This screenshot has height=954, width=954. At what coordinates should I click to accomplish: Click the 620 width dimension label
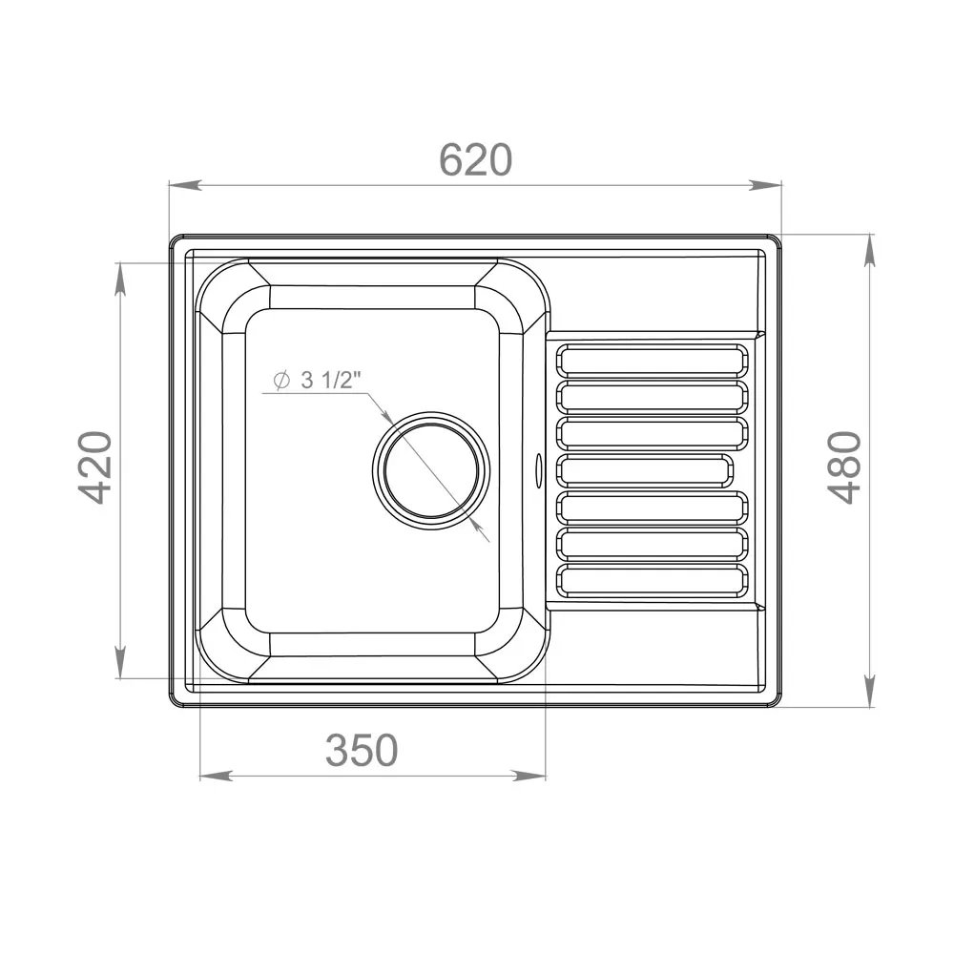pyautogui.click(x=475, y=160)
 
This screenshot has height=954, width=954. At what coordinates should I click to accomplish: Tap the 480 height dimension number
pyautogui.click(x=845, y=467)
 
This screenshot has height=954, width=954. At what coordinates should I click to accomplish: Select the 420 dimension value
pyautogui.click(x=96, y=467)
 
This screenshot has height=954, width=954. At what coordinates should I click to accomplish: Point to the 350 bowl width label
pyautogui.click(x=362, y=750)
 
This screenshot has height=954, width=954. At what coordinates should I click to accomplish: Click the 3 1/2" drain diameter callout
pyautogui.click(x=318, y=381)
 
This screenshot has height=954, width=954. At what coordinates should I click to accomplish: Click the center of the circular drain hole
pyautogui.click(x=431, y=470)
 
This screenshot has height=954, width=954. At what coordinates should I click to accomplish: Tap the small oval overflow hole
pyautogui.click(x=538, y=469)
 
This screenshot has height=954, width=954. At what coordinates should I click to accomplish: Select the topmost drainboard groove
pyautogui.click(x=653, y=360)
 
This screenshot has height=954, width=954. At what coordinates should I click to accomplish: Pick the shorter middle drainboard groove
pyautogui.click(x=645, y=470)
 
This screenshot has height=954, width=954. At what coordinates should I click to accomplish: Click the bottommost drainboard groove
pyautogui.click(x=653, y=580)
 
